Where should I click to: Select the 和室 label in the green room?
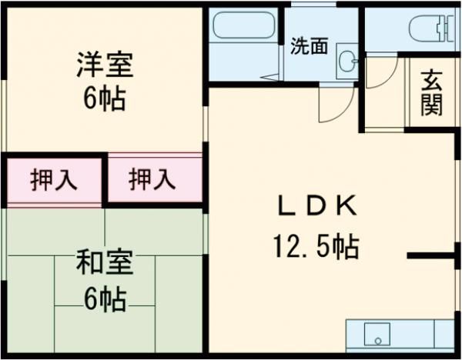coord(105,264)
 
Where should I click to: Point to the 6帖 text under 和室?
coord(105,298)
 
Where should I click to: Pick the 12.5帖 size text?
coord(316,248)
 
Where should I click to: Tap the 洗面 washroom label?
coord(309,46)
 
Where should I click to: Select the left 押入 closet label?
coord(53,182)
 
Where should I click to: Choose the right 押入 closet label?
coord(152,182)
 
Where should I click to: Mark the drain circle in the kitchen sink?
coord(377,338)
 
